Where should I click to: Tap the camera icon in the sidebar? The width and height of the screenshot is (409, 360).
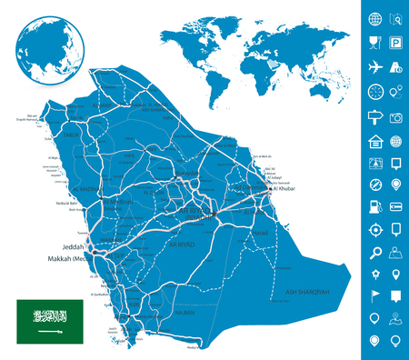397,117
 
